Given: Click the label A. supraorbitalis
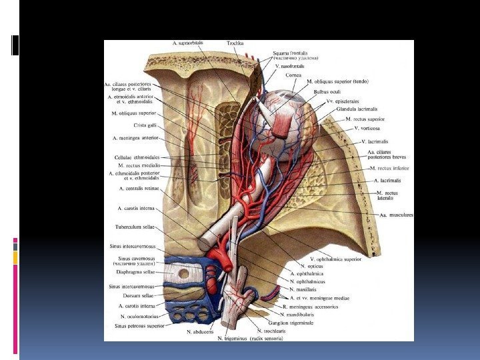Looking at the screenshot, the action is pyautogui.click(x=189, y=43).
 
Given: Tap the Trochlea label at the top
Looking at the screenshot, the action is pyautogui.click(x=235, y=43).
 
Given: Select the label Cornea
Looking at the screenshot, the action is pyautogui.click(x=294, y=75).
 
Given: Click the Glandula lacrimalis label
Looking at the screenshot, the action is pyautogui.click(x=357, y=109).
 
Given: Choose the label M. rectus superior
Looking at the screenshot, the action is pyautogui.click(x=365, y=119).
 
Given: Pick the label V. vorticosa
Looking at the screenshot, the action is pyautogui.click(x=367, y=127).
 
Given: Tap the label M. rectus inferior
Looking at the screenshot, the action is pyautogui.click(x=390, y=169).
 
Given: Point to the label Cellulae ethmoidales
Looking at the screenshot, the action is pyautogui.click(x=137, y=157).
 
